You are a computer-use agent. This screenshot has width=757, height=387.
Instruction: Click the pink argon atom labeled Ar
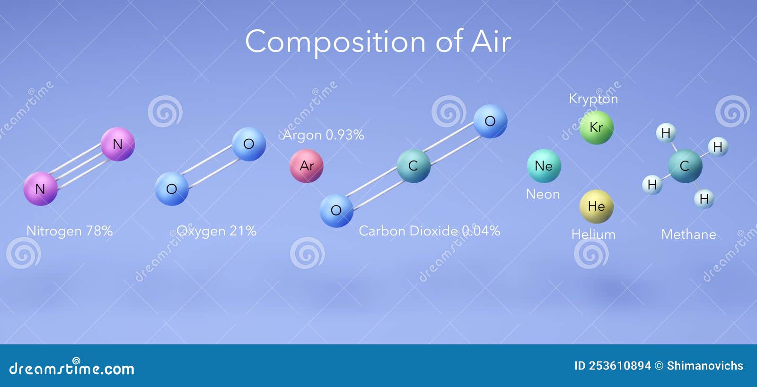point(307,166)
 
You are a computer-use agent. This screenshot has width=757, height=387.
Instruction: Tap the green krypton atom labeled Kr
point(597,127)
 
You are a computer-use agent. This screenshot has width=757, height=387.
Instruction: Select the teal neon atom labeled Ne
point(544,166)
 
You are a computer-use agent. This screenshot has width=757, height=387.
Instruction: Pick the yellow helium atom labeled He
point(597,207)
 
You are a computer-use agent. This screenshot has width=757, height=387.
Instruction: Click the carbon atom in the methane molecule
point(685,166)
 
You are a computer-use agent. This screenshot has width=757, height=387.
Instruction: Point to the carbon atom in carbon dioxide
point(414,166)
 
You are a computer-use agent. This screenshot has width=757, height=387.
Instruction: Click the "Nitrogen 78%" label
point(70,231)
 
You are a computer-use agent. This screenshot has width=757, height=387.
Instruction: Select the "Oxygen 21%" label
point(216,231)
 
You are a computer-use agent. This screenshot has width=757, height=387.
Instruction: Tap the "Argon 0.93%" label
point(324,135)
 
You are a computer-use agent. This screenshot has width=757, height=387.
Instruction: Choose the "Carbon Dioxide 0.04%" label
point(429,231)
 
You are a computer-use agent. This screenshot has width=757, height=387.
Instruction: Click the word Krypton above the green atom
point(593,99)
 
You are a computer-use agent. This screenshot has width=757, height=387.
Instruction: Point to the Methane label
point(689,234)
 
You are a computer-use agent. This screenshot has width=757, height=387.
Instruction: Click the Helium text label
point(593,234)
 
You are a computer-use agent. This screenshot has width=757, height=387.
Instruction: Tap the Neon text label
point(543,194)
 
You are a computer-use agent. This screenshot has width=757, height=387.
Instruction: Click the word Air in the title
point(491,42)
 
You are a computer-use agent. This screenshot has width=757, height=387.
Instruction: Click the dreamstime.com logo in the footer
point(71,367)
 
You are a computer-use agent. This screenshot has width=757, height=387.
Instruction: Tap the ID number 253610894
point(620,366)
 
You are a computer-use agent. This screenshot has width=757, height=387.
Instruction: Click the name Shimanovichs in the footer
point(705,366)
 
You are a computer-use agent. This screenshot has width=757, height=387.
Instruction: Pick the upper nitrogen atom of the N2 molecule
point(118,144)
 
